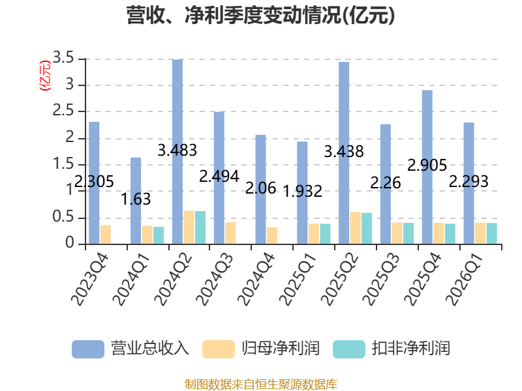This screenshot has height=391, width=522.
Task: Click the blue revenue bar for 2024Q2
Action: [x=177, y=152]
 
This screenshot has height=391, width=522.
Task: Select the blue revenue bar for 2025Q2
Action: [x=344, y=153]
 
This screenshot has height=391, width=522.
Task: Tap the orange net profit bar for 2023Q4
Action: [x=106, y=235]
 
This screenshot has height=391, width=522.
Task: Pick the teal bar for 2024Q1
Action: [x=159, y=235]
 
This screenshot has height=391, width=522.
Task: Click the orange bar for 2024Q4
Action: [x=272, y=236]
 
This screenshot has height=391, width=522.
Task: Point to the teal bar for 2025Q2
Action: [x=367, y=229]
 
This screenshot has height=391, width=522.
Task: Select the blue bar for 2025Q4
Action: [x=427, y=167]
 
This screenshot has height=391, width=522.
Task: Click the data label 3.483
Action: [x=177, y=150]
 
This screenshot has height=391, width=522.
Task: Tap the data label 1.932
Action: [x=302, y=191]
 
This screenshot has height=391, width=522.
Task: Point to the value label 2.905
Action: [x=427, y=166]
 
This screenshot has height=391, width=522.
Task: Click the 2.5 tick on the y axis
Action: [x=63, y=111]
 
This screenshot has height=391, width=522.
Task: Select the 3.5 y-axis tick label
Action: [x=63, y=58]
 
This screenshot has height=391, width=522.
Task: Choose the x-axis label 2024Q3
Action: [x=215, y=280]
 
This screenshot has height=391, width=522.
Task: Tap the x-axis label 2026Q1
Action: [x=464, y=280]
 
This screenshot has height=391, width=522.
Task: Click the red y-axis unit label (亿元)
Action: [x=45, y=76]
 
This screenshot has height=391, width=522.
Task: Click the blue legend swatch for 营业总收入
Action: [x=88, y=349]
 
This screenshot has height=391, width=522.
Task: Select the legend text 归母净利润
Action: [x=281, y=349]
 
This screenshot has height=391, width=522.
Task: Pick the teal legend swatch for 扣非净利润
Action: [x=349, y=349]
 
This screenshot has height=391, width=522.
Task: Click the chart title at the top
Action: [x=260, y=15]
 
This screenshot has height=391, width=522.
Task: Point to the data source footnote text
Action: [x=261, y=384]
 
